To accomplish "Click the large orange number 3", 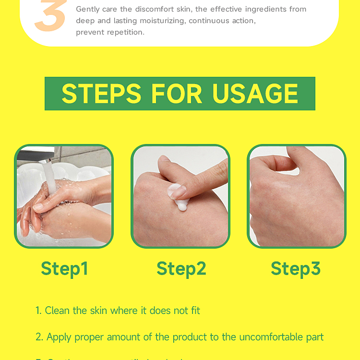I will (49, 17).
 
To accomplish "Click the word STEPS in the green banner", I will (101, 94).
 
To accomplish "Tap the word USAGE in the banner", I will (255, 94).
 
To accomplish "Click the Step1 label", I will (64, 269).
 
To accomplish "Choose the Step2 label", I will (181, 269).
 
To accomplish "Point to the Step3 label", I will (295, 269).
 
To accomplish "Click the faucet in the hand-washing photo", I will (36, 156).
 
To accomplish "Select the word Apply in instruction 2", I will (59, 337).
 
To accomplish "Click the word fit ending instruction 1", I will (195, 311).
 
